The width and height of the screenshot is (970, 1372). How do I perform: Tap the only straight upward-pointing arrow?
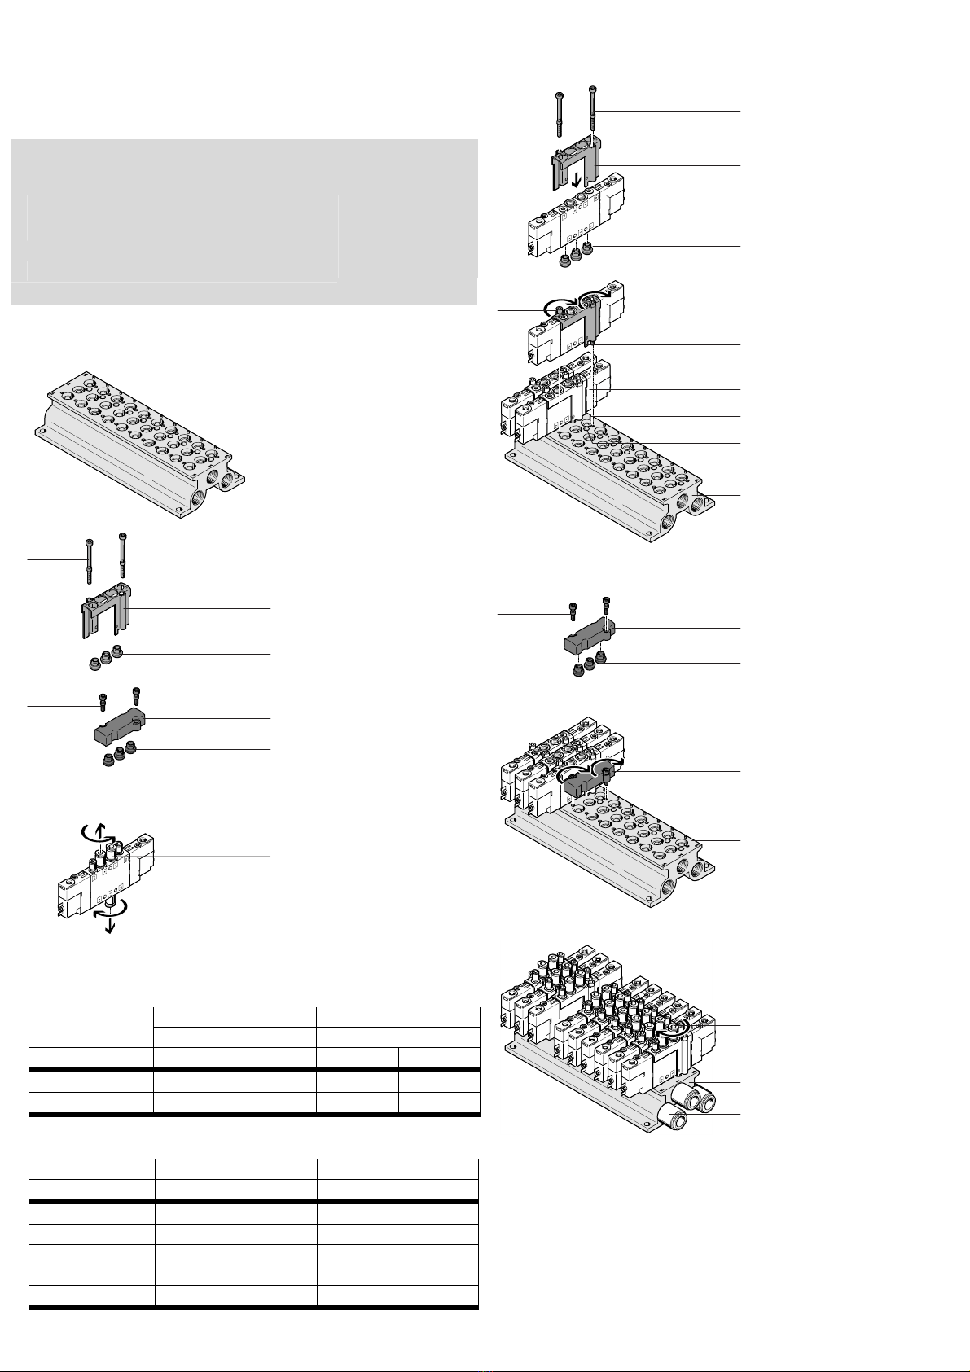pos(101,831)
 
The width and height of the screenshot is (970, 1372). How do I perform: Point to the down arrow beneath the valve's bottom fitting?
pos(108,926)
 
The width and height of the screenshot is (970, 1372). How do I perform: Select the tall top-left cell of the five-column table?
pos(91,1028)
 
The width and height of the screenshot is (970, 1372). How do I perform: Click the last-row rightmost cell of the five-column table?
pos(439,1104)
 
